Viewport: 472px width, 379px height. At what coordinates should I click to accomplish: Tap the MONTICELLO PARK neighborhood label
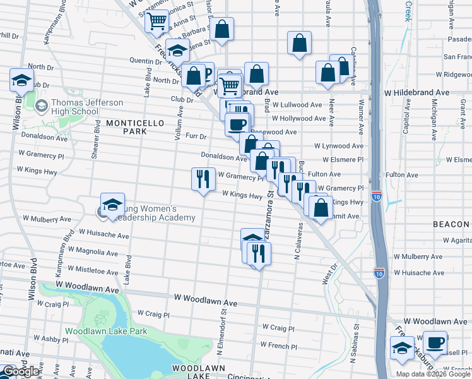click(x=126, y=126)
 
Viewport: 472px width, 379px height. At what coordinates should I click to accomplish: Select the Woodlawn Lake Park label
click(x=106, y=331)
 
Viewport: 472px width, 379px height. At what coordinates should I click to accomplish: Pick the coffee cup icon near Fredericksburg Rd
click(x=435, y=343)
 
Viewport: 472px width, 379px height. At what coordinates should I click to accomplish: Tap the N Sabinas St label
click(x=356, y=341)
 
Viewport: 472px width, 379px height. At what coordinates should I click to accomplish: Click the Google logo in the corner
click(x=21, y=371)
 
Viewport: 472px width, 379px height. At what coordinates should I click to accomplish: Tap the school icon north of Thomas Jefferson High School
click(x=21, y=80)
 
